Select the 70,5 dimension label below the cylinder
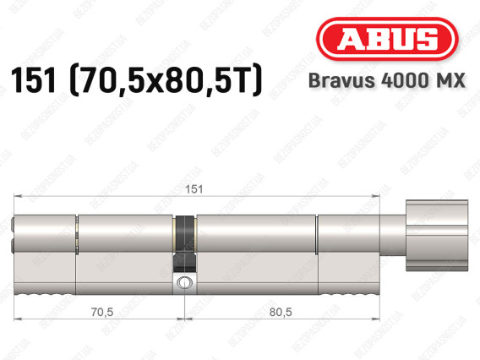pyautogui.click(x=99, y=311)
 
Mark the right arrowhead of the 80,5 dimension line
pyautogui.click(x=377, y=319)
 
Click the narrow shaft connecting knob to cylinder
pyautogui.click(x=392, y=229)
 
